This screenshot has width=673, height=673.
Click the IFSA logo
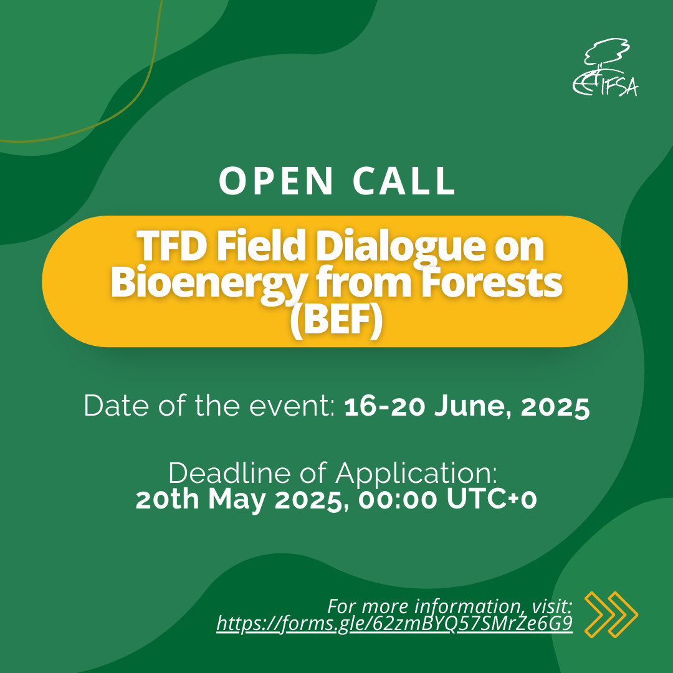[x=605, y=67]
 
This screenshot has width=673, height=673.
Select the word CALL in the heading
[x=404, y=181]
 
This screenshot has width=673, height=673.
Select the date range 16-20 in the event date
[x=386, y=406]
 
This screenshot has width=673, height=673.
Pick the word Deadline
[x=230, y=474]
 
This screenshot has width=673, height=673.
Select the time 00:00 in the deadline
[x=398, y=500]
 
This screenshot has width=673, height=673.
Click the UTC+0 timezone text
[x=492, y=499]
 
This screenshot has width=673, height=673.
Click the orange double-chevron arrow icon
[x=611, y=614]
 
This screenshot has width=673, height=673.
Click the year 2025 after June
[x=555, y=406]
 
